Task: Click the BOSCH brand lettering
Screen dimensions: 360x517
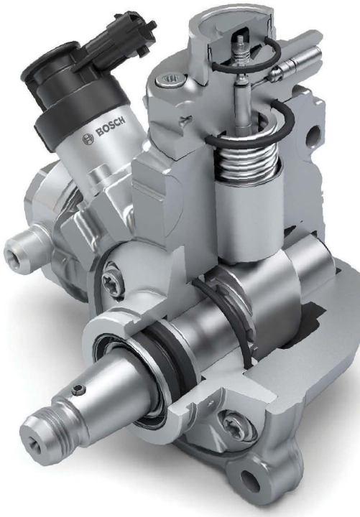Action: click(x=110, y=126)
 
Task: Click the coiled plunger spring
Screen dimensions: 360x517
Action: click(x=245, y=155)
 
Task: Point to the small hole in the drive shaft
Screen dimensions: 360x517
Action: click(x=78, y=388)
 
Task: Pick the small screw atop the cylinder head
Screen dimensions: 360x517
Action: click(x=165, y=79)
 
